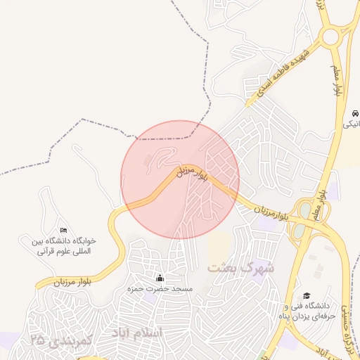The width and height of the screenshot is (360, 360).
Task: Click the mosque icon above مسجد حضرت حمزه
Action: tap(160, 277)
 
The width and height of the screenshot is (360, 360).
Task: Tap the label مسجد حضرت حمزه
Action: tap(160, 288)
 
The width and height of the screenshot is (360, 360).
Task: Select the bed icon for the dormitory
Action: tap(64, 230)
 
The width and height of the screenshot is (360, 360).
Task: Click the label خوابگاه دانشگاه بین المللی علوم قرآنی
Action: tap(67, 245)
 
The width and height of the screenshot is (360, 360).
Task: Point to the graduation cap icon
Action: tap(307, 296)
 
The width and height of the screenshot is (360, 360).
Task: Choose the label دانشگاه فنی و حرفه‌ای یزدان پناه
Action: tap(307, 311)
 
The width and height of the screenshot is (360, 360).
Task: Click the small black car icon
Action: tap(356, 113)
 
